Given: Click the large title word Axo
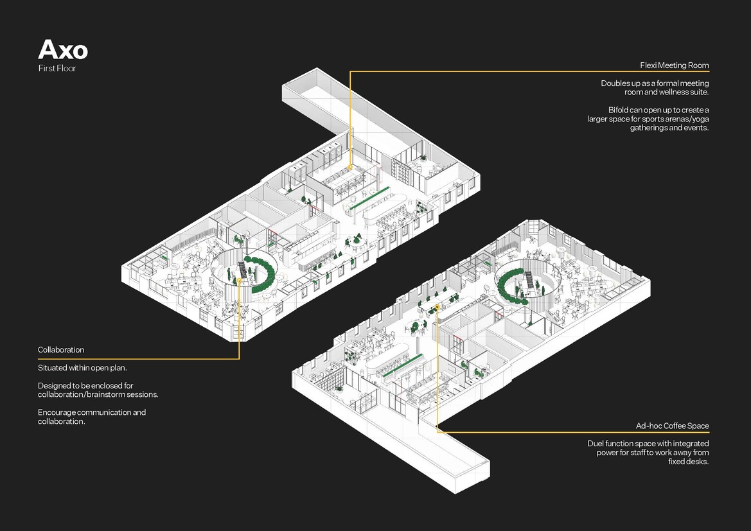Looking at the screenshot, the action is click(63, 50).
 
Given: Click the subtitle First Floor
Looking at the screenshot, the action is click(57, 69).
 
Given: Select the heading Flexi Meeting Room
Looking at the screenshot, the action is click(675, 65).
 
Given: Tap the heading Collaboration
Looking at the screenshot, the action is click(61, 350).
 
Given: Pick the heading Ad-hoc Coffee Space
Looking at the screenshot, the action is click(673, 426).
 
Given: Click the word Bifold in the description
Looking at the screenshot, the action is click(618, 110).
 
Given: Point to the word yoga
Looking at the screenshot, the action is click(700, 119).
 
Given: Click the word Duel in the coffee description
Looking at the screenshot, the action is click(596, 444).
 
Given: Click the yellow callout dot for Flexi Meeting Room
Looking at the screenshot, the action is click(350, 167).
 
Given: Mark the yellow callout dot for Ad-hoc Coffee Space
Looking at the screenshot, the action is click(437, 307).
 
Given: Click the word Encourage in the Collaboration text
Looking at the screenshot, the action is click(57, 413).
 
